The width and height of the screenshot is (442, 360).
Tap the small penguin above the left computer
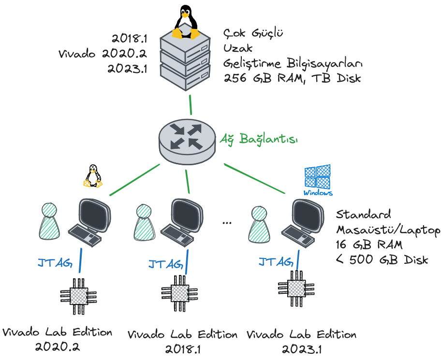click(93, 176)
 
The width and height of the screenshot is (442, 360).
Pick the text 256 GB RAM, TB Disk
click(292, 78)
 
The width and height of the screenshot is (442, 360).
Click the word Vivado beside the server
click(77, 53)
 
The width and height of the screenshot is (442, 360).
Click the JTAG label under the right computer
click(275, 262)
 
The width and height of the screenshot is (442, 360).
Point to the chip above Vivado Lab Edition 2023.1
click(296, 289)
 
